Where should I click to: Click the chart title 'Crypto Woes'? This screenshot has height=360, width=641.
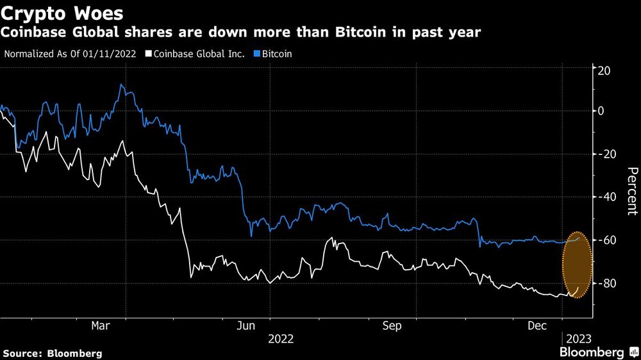tap(63, 12)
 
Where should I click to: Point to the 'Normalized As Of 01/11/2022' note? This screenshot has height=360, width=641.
tap(70, 54)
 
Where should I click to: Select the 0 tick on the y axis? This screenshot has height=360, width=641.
tap(601, 111)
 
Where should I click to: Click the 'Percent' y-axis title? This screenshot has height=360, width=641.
tap(631, 190)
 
